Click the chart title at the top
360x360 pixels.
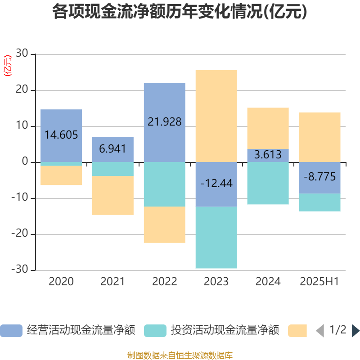pyautogui.click(x=180, y=12)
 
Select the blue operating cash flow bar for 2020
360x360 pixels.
pyautogui.click(x=61, y=121)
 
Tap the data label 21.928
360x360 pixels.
pyautogui.click(x=165, y=121)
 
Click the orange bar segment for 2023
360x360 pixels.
pyautogui.click(x=216, y=116)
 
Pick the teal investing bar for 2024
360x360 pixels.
pyautogui.click(x=268, y=183)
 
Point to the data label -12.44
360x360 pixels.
pyautogui.click(x=216, y=184)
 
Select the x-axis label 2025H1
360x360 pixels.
pyautogui.click(x=319, y=282)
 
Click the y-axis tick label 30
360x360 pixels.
pyautogui.click(x=22, y=54)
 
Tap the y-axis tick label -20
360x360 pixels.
pyautogui.click(x=20, y=234)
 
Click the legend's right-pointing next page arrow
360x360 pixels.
pyautogui.click(x=355, y=331)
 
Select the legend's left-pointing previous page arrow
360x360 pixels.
pyautogui.click(x=320, y=331)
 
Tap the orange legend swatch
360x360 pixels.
pyautogui.click(x=297, y=331)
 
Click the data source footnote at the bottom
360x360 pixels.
pyautogui.click(x=180, y=355)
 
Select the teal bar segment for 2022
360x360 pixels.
pyautogui.click(x=165, y=184)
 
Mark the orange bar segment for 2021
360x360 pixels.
pyautogui.click(x=113, y=195)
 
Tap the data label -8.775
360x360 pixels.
pyautogui.click(x=320, y=177)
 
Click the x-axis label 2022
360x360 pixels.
pyautogui.click(x=165, y=282)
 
